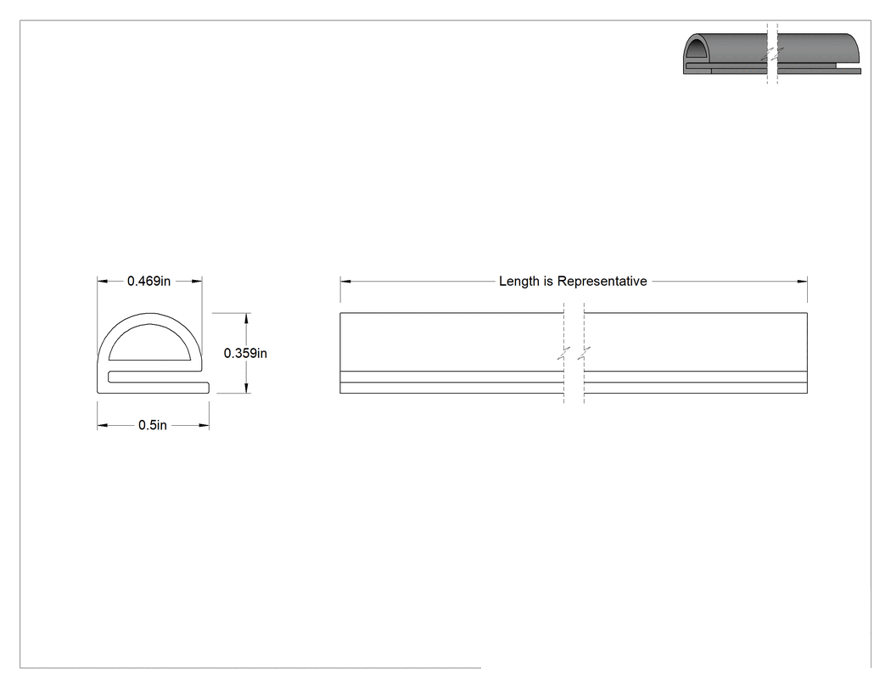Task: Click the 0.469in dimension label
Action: (x=148, y=281)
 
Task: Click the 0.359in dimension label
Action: (x=245, y=354)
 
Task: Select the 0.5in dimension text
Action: (x=153, y=425)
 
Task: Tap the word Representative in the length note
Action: (x=602, y=281)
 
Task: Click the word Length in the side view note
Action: (x=518, y=281)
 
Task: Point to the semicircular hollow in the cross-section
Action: (x=149, y=343)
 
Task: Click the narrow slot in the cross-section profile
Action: (x=154, y=377)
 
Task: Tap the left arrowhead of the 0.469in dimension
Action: (x=103, y=281)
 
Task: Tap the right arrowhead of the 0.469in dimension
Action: (x=197, y=281)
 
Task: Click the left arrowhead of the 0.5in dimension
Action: (x=103, y=425)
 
